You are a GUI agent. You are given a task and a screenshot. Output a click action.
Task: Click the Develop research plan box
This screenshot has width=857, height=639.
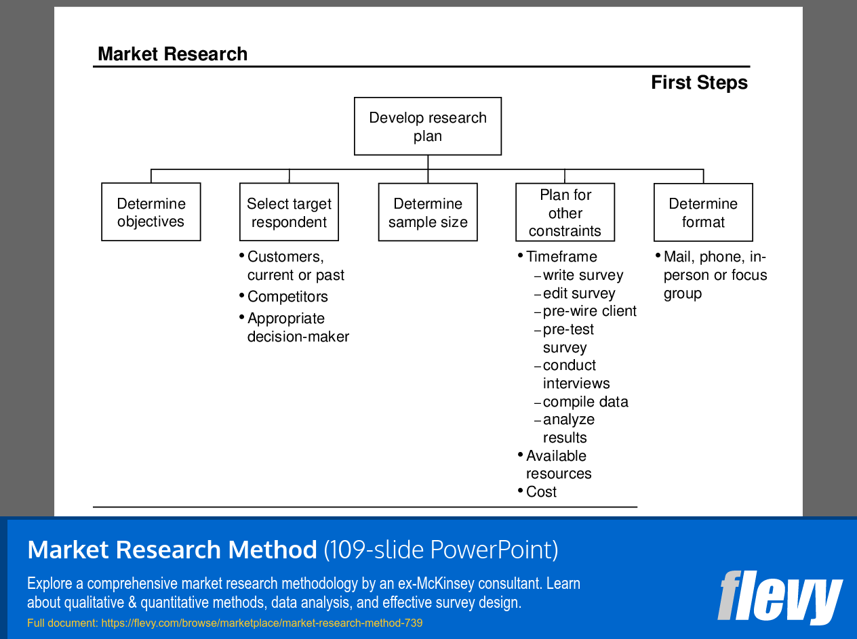pos(428,127)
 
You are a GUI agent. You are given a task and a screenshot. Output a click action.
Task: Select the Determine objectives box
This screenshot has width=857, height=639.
pos(151,212)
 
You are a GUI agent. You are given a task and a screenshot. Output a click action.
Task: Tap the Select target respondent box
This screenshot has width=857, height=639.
pos(289,212)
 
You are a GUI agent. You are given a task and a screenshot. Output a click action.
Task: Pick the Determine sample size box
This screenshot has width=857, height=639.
pos(428,212)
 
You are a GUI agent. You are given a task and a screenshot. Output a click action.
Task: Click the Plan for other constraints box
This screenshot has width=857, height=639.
pos(565,212)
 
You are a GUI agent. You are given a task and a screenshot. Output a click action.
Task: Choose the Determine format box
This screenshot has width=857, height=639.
pos(703,212)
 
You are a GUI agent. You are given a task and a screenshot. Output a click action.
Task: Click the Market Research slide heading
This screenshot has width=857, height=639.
pos(172,54)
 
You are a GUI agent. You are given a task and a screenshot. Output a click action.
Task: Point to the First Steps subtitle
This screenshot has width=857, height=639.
pos(699,83)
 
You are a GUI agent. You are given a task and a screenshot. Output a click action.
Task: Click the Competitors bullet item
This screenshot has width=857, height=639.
pos(287,297)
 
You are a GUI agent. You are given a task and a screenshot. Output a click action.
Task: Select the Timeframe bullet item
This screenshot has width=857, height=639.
pos(561,257)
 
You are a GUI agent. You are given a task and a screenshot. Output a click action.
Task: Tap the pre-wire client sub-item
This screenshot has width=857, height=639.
pos(589,311)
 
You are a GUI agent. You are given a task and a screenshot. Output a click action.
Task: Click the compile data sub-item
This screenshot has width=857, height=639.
pos(585,402)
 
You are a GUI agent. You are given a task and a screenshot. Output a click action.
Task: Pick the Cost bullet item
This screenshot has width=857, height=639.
pos(541,492)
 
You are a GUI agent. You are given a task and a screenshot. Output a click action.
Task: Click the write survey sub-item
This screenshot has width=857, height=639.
pos(582,275)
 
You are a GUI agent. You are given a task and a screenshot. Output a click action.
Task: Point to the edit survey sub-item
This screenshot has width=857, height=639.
pos(579,293)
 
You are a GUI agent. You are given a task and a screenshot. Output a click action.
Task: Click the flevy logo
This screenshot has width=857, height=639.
pos(780,597)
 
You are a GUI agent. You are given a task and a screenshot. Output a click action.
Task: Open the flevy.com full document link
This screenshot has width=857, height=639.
pos(262,623)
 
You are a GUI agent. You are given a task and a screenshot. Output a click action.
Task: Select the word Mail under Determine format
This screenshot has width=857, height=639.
pos(678,257)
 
